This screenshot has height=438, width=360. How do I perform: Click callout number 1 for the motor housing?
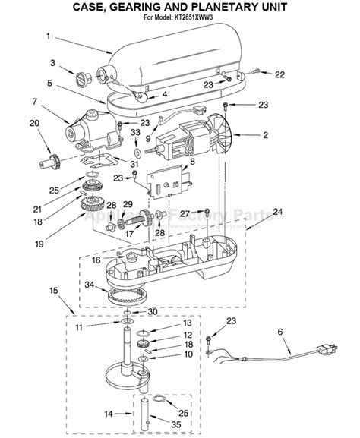coord(48,36)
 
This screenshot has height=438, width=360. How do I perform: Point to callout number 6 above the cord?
coord(279,331)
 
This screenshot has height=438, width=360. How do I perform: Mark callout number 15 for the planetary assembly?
coord(54,290)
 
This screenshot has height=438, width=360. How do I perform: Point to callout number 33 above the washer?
coord(135,131)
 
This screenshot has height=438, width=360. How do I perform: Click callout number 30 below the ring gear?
coord(153,311)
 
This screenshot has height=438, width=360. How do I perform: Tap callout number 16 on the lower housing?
coord(96,260)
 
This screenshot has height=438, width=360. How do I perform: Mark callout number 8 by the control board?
coord(192,161)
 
